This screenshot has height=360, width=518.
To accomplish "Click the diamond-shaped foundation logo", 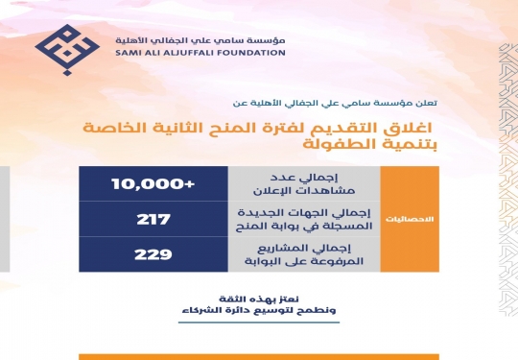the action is coord(67,50).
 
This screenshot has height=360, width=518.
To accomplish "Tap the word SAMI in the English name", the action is coord(127,53).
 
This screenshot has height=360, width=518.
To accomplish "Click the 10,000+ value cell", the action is coord(153,183).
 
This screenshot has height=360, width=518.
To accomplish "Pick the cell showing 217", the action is coord(153,219).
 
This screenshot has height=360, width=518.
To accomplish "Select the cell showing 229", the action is coord(153,254).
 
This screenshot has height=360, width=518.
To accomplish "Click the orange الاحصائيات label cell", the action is coord(410,219).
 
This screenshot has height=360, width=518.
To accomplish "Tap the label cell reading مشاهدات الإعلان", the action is coord(304,183).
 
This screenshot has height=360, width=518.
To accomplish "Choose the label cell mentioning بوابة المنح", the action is coord(304,219).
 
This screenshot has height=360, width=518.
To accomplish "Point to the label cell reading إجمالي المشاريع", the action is coord(304,254).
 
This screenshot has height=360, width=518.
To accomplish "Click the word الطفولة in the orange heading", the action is coord(331,144).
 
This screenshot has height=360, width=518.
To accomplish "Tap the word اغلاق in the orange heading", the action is coord(408,128).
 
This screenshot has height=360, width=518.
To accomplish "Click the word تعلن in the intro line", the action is coord(428,103).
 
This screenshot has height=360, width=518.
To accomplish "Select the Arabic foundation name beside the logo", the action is coord(200,40).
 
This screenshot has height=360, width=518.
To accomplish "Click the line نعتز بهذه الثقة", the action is coord(259,300).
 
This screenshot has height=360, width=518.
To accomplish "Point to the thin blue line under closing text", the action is coord(259,322).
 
